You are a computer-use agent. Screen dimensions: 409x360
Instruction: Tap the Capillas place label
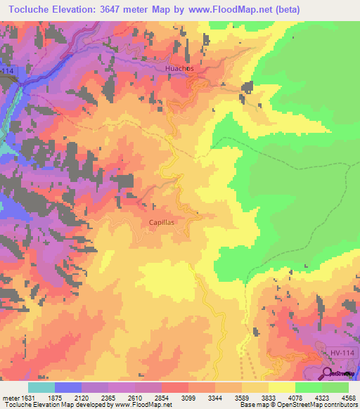click(x=161, y=221)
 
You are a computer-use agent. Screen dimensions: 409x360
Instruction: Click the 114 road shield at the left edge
click(x=6, y=72)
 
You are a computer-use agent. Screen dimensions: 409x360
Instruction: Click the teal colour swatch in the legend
click(x=41, y=387)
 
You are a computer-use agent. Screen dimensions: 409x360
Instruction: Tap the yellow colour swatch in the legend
click(x=282, y=387)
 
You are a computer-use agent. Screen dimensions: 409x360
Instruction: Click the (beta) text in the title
click(x=282, y=10)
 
